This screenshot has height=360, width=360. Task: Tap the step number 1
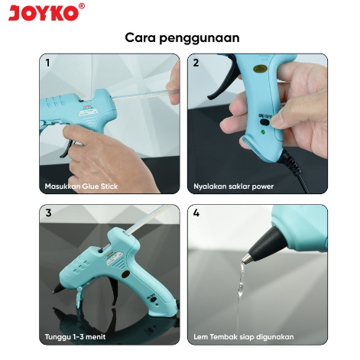pyautogui.click(x=48, y=63)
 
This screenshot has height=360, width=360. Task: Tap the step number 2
pyautogui.click(x=196, y=63)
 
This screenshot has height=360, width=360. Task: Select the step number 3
pyautogui.click(x=48, y=213)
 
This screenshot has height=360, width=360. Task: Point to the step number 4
pyautogui.click(x=196, y=213)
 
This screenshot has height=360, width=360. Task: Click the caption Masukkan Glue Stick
pyautogui.click(x=81, y=186)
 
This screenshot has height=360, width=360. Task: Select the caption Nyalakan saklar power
pyautogui.click(x=233, y=186)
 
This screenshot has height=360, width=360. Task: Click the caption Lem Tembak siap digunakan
pyautogui.click(x=244, y=336)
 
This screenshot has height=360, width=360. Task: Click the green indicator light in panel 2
pyautogui.click(x=262, y=132)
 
